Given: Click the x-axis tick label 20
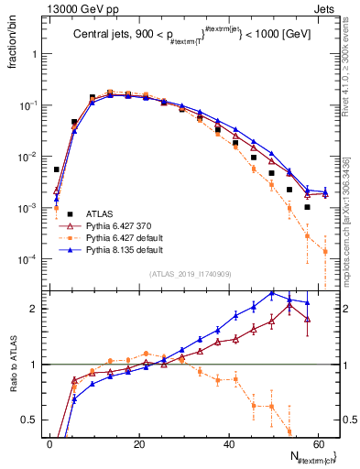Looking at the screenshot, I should tap(138, 443).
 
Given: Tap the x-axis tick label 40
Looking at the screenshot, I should tap(227, 443).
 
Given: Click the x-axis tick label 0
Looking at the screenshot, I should tap(49, 443).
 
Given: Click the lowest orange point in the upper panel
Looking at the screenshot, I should tap(325, 251).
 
